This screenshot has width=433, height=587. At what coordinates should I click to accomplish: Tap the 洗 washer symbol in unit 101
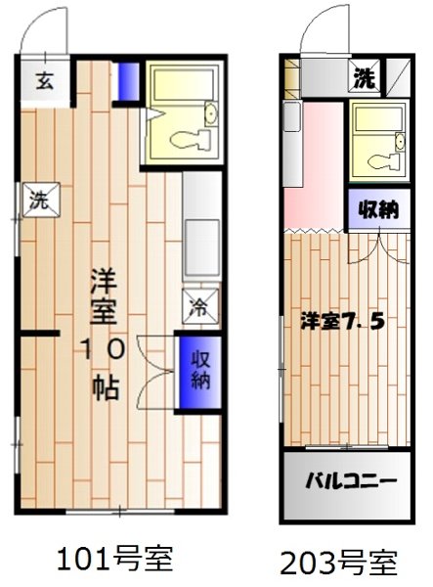tap(38, 201)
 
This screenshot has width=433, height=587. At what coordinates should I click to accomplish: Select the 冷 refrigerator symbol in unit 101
tap(196, 307)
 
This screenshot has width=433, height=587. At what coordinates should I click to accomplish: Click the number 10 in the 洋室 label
tap(102, 349)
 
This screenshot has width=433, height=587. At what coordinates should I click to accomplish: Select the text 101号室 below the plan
tap(115, 559)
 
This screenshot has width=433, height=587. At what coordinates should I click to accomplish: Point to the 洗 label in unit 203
tap(365, 76)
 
